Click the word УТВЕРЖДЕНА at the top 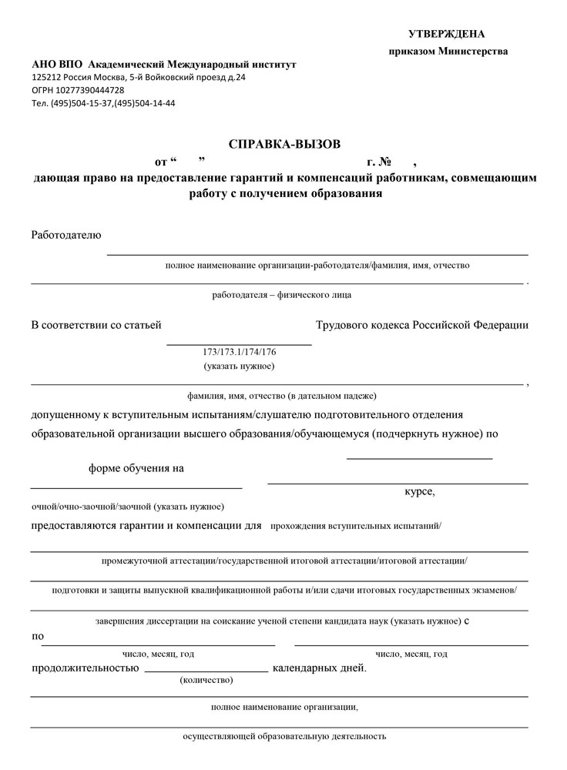coord(447,34)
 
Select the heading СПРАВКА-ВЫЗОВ coord(283,144)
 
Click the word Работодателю coord(66,235)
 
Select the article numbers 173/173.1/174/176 coord(240,352)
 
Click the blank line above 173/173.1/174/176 coord(240,343)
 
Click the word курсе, coord(420,491)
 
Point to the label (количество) coord(206,681)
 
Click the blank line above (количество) coord(206,671)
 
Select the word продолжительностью coord(85,668)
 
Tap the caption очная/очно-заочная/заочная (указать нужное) coord(128,507)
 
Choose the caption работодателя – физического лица coord(282,294)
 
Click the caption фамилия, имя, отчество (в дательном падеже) coord(281,396)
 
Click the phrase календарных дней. coord(320,668)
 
